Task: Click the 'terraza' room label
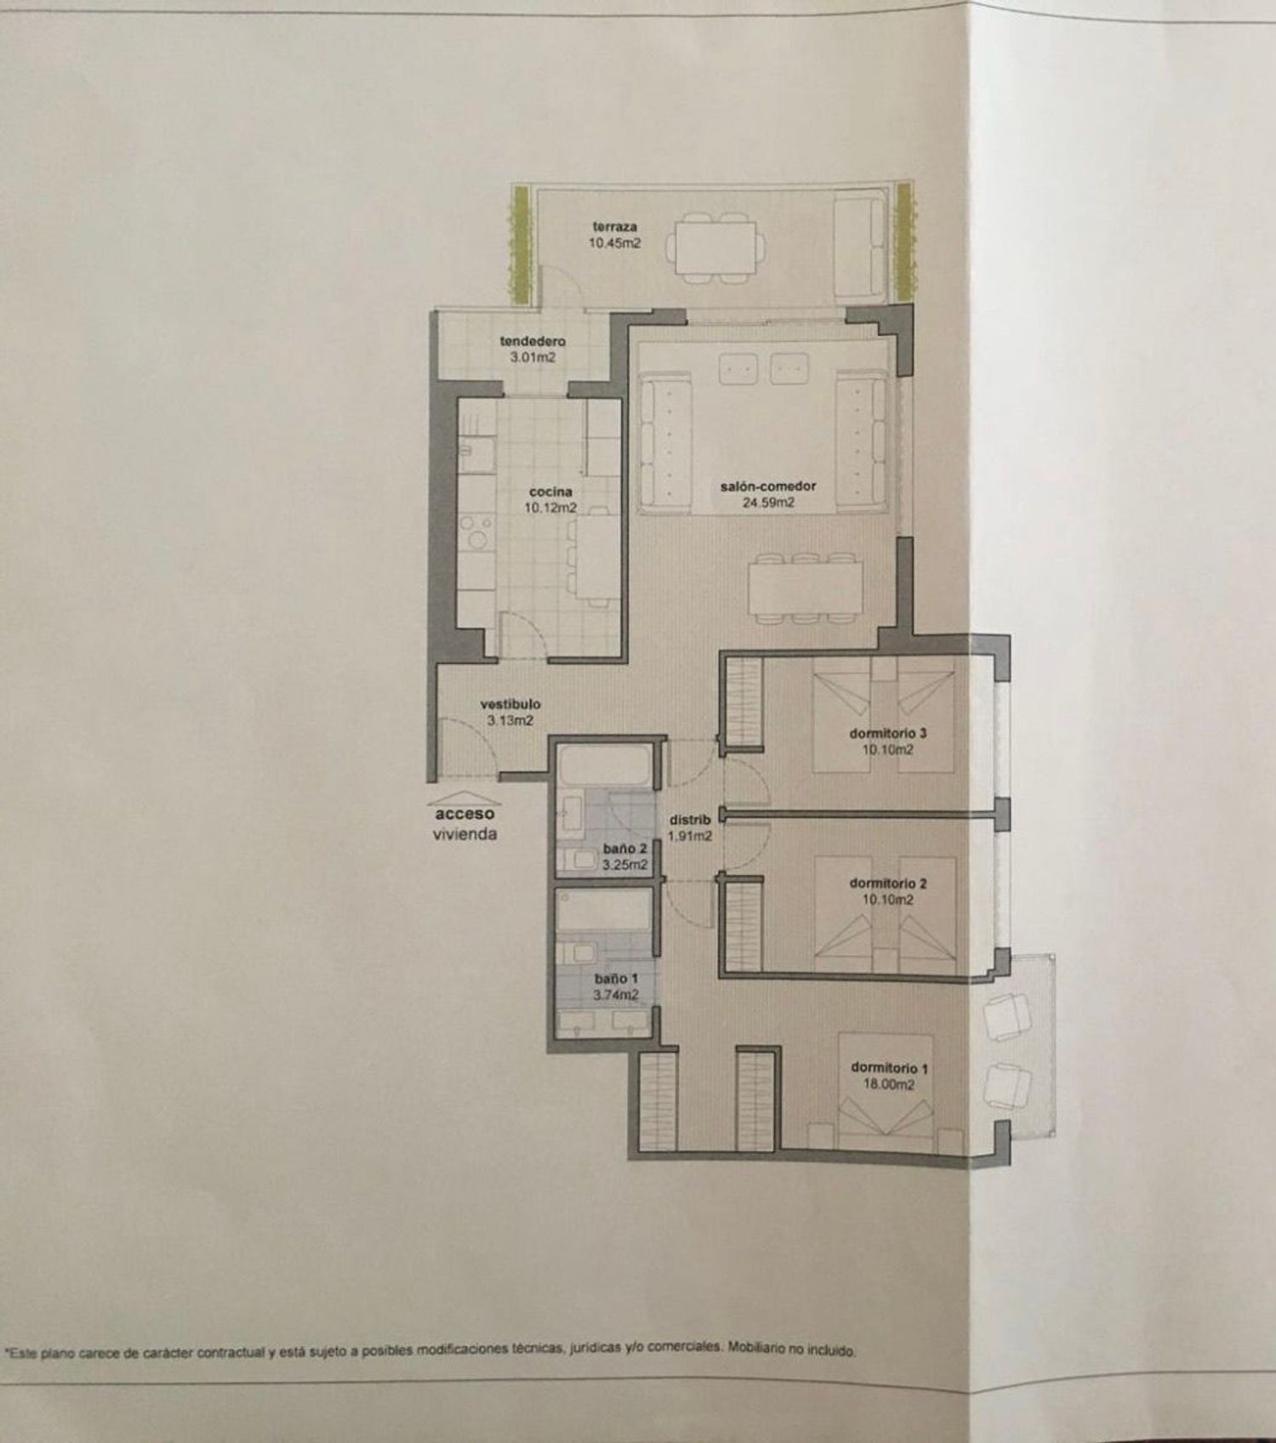pyautogui.click(x=615, y=227)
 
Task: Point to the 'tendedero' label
pyautogui.click(x=533, y=341)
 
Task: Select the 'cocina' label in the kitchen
pyautogui.click(x=550, y=491)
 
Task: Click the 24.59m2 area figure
pyautogui.click(x=769, y=503)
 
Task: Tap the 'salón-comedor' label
pyautogui.click(x=768, y=486)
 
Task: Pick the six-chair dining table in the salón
pyautogui.click(x=806, y=588)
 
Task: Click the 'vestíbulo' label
pyautogui.click(x=510, y=704)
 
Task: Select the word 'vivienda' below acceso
pyautogui.click(x=464, y=834)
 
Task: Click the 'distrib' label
pyautogui.click(x=690, y=820)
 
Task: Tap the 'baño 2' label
pyautogui.click(x=625, y=849)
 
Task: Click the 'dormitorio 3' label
pyautogui.click(x=888, y=733)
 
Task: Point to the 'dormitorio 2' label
pyautogui.click(x=888, y=883)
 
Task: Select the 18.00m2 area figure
pyautogui.click(x=888, y=1084)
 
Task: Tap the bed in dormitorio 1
pyautogui.click(x=886, y=1093)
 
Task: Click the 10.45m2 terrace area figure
pyautogui.click(x=615, y=243)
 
